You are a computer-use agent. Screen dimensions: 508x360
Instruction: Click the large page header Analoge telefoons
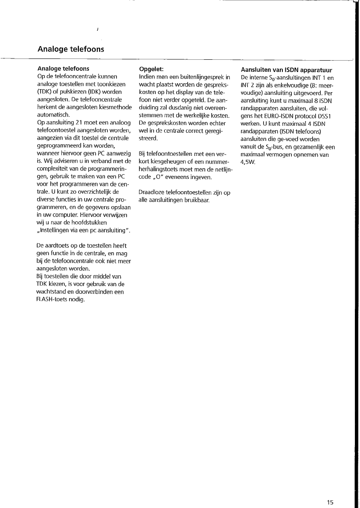(x=71, y=49)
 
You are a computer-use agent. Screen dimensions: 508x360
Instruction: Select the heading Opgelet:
(x=152, y=69)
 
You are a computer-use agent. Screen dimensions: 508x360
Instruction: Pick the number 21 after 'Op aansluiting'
(x=76, y=123)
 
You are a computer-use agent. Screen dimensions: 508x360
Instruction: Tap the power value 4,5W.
(x=247, y=162)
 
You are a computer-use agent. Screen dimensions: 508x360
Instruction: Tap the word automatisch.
(x=54, y=115)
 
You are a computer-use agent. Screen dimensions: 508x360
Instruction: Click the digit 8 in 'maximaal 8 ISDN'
(x=314, y=100)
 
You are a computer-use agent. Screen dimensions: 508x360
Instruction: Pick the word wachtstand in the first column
(x=52, y=292)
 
